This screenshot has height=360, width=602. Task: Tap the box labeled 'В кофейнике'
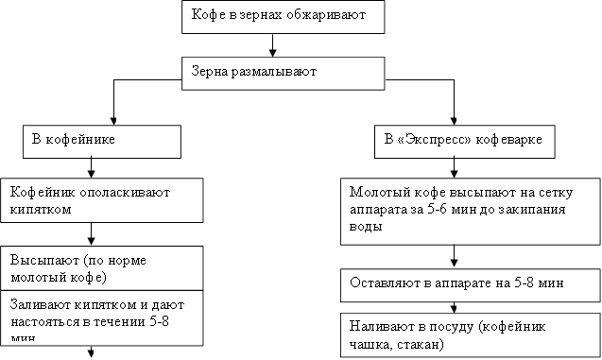coord(101,141)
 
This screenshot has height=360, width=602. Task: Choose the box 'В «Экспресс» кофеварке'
coord(457,141)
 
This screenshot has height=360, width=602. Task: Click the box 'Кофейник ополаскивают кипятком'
coord(101,201)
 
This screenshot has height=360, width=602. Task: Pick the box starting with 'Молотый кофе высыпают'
coord(456,212)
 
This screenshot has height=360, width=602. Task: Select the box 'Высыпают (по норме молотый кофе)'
coord(101,267)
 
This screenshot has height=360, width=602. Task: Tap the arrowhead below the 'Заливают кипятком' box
coord(92,352)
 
